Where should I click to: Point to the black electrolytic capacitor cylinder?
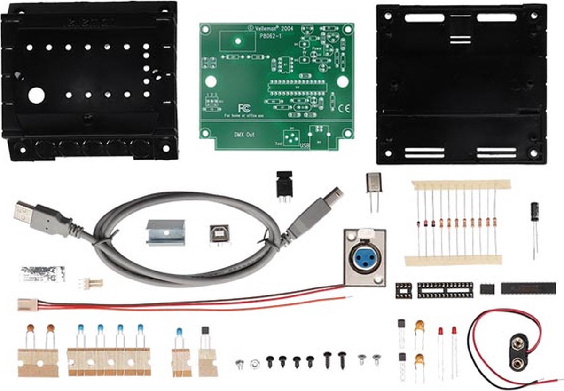coord(534,213)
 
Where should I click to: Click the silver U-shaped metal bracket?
coord(165,232)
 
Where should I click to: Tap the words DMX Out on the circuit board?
coord(244,134)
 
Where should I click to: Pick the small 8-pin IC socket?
coord(403,290)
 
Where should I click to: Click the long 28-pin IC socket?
coord(445,290)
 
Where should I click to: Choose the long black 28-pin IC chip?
coord(528,288)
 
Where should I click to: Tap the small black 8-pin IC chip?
coord(487,288)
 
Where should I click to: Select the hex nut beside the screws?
coord(255,363)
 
